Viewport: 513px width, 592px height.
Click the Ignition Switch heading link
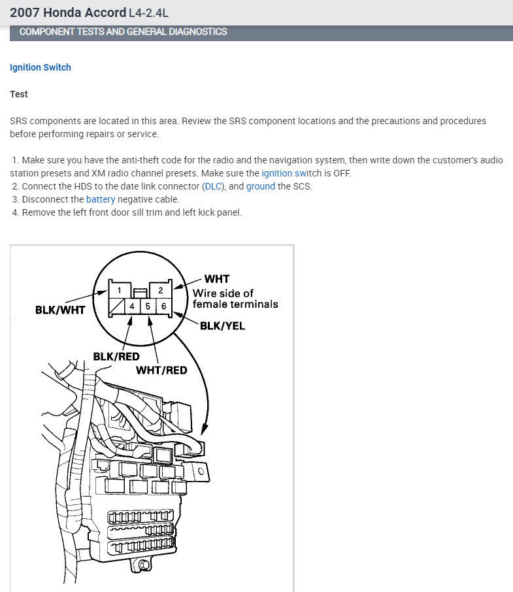(41, 67)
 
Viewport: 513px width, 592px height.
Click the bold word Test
(19, 94)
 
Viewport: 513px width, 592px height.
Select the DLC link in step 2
(213, 186)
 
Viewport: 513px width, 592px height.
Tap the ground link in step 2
(261, 186)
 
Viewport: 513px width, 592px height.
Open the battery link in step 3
(101, 199)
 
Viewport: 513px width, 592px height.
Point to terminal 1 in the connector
(119, 289)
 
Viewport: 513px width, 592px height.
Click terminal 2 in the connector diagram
(161, 289)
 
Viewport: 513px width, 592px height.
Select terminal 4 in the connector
(133, 306)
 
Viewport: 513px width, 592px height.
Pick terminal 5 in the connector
(148, 306)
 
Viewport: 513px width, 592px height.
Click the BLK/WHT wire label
(60, 310)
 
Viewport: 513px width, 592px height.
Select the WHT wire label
(217, 279)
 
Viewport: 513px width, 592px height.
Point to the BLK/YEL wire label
(222, 325)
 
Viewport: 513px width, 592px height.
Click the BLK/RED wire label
(116, 356)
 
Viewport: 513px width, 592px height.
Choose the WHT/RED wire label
(161, 370)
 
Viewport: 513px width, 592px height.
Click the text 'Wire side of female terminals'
(235, 299)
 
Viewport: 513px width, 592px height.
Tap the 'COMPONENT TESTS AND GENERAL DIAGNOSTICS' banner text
(124, 31)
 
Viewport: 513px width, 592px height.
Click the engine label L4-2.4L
(153, 13)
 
